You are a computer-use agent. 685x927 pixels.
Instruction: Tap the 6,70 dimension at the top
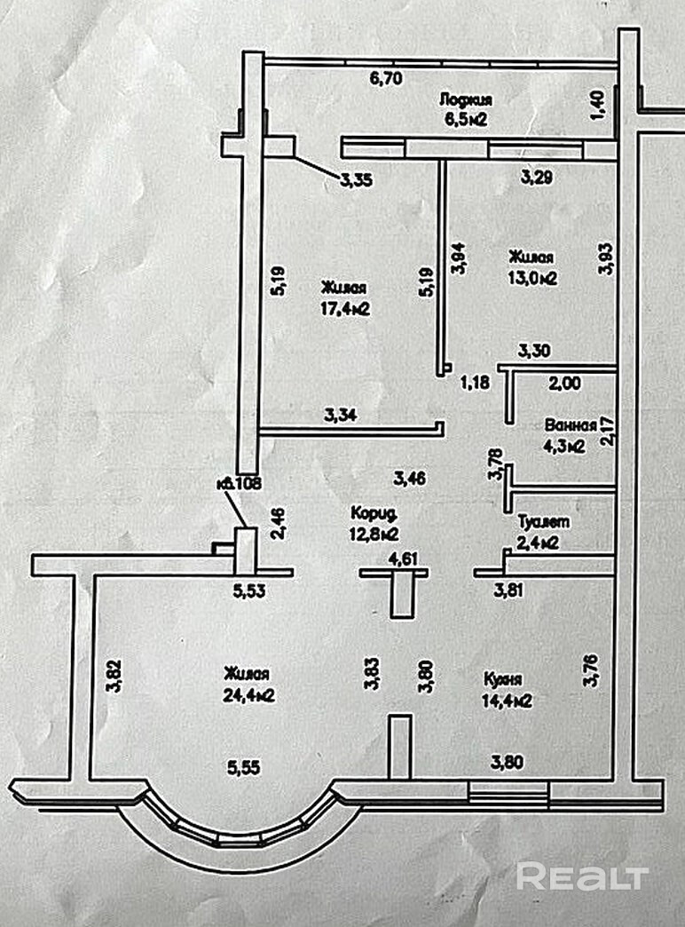click(x=386, y=78)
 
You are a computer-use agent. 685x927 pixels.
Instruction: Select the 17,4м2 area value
click(x=345, y=308)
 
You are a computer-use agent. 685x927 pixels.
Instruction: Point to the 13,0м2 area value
click(x=532, y=277)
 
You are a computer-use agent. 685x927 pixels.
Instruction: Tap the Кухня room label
click(x=500, y=679)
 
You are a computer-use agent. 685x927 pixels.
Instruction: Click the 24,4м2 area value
click(x=248, y=696)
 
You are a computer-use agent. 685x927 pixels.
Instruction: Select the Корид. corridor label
click(x=372, y=514)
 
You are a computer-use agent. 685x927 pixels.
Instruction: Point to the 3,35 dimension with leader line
click(x=355, y=180)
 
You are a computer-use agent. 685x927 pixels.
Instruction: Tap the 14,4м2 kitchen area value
click(x=507, y=701)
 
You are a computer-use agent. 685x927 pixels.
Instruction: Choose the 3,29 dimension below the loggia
click(x=537, y=177)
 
